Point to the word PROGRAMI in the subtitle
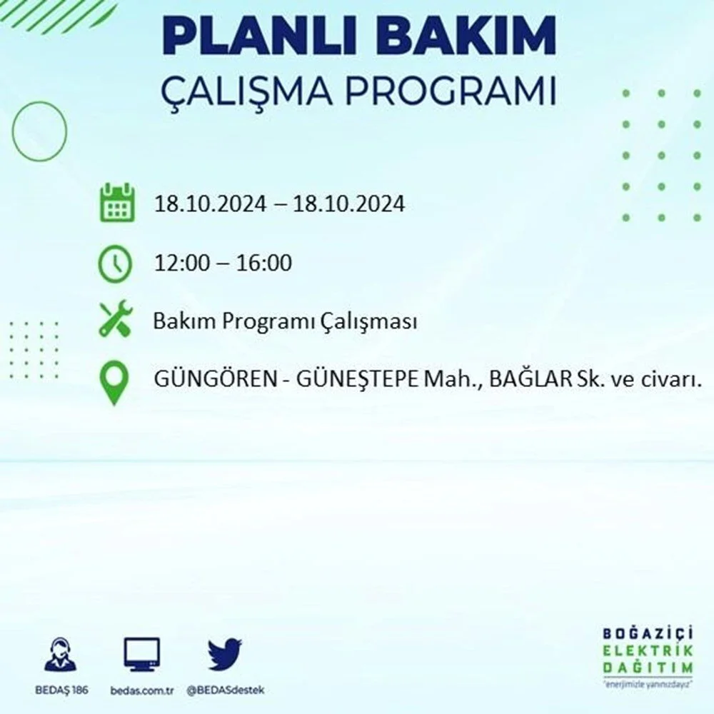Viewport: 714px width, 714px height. pyautogui.click(x=451, y=91)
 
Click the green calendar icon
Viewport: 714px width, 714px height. pyautogui.click(x=117, y=203)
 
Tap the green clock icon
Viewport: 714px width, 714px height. pyautogui.click(x=115, y=263)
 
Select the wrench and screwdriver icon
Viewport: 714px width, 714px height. pyautogui.click(x=116, y=318)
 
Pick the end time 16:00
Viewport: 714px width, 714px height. pyautogui.click(x=263, y=263)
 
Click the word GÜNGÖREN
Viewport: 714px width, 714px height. pyautogui.click(x=216, y=379)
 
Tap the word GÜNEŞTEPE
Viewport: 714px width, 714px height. pyautogui.click(x=357, y=379)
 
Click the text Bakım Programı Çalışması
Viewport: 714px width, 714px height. pyautogui.click(x=285, y=321)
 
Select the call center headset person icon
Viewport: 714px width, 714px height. pyautogui.click(x=61, y=654)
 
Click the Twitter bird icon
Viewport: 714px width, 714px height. pyautogui.click(x=225, y=654)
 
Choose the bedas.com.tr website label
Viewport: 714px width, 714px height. pyautogui.click(x=141, y=690)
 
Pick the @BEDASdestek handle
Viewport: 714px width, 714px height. pyautogui.click(x=225, y=690)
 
